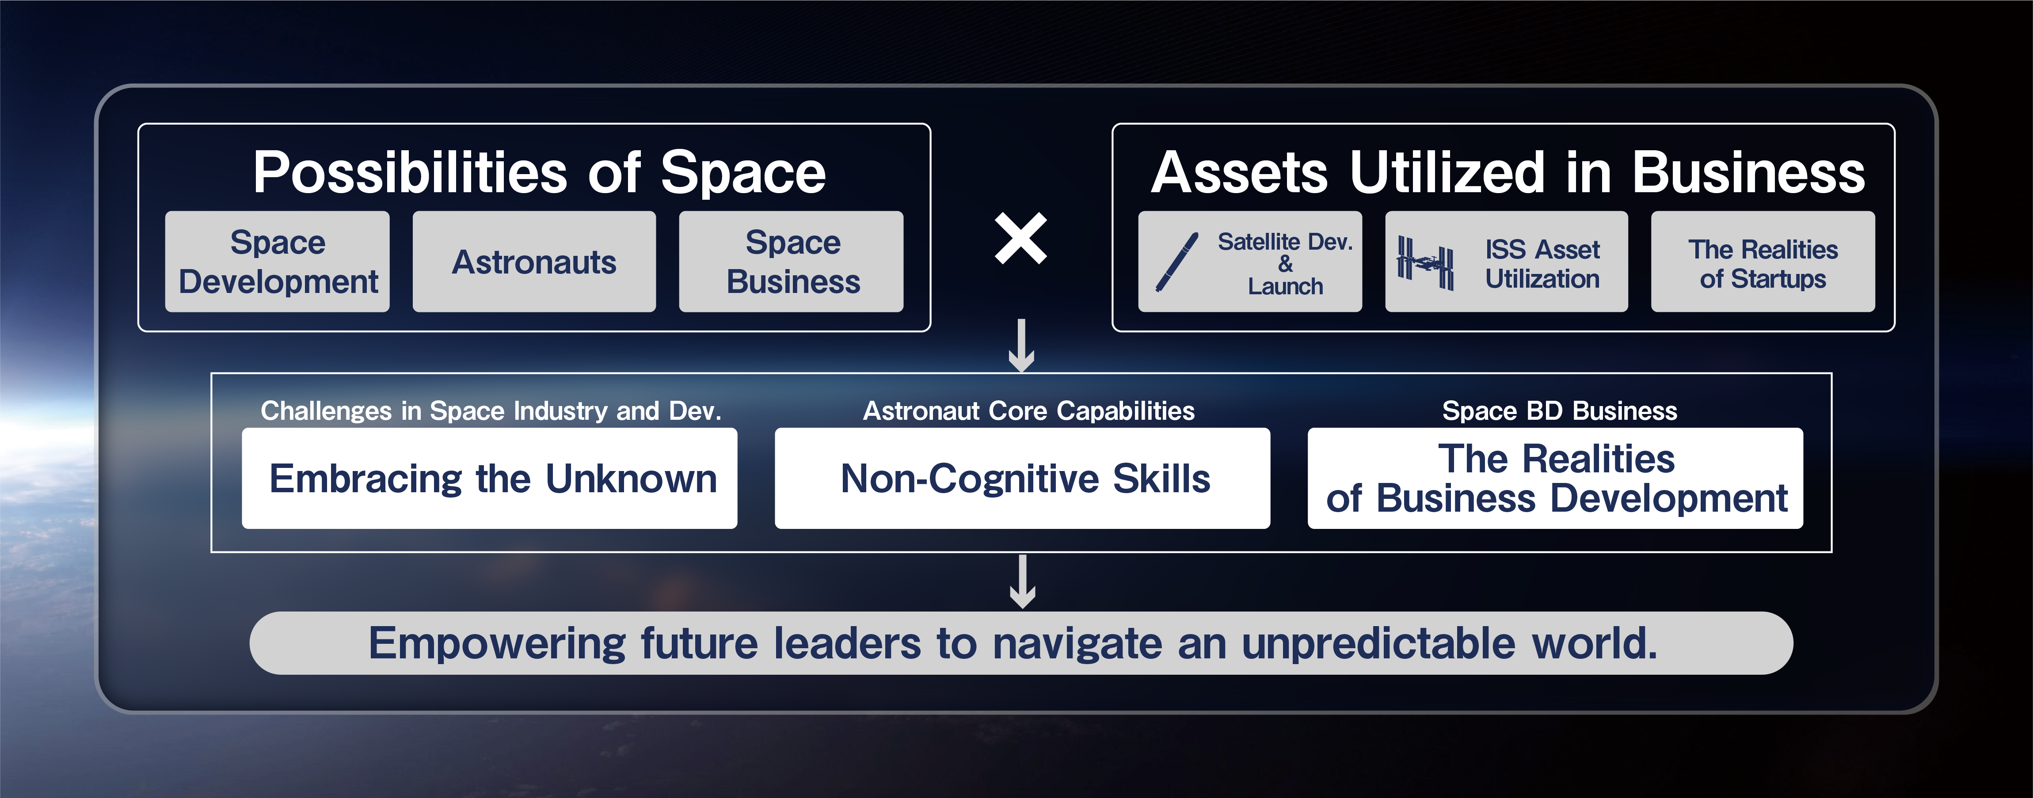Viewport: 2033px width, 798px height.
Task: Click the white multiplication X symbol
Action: [1021, 238]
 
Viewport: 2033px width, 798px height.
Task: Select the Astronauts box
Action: [534, 261]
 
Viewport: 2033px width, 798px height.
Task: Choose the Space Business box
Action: [792, 261]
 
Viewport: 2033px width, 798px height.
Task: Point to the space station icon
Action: [1425, 263]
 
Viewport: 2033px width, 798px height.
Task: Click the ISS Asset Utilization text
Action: [1542, 264]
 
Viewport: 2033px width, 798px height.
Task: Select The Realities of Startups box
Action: [1763, 261]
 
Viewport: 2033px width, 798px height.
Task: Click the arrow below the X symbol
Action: [1022, 346]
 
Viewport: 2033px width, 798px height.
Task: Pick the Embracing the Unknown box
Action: [489, 479]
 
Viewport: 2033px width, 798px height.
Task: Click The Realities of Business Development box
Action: [1556, 479]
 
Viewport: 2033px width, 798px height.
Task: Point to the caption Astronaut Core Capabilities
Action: [1028, 410]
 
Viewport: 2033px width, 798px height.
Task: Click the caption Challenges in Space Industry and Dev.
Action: [491, 410]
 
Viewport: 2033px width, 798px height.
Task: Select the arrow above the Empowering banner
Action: [1023, 582]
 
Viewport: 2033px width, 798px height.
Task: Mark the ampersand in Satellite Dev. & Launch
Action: [1286, 264]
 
